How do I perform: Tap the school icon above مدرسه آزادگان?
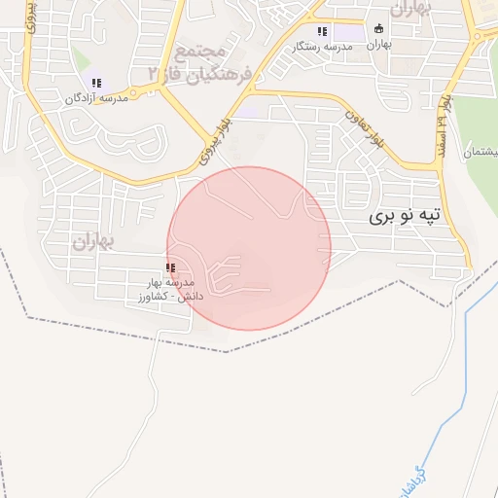coord(96,83)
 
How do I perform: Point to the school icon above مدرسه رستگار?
coord(322,30)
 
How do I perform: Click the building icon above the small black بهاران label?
coord(379,28)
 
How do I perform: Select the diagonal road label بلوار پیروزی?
coord(216,141)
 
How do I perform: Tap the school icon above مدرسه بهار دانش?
coord(171,267)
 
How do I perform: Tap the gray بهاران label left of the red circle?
coord(94,240)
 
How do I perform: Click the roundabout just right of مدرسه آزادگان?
coord(151,89)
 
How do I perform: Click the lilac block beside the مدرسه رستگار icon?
coord(351,33)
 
